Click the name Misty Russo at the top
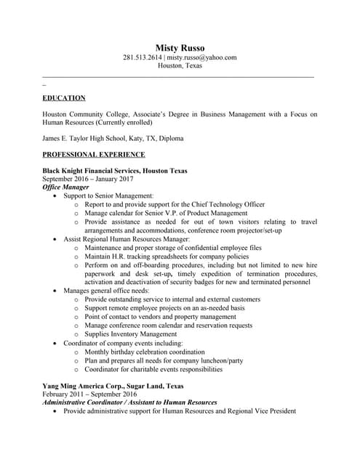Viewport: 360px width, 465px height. click(180, 48)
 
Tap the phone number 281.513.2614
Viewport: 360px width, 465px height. click(142, 57)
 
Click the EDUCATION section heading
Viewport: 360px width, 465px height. click(64, 97)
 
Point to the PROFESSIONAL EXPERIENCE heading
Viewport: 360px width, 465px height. click(94, 154)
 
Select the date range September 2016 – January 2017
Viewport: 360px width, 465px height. click(88, 179)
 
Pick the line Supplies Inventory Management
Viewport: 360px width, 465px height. click(130, 334)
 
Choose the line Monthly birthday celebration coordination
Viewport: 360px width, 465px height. click(145, 352)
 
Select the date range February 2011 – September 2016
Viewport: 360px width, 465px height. click(91, 395)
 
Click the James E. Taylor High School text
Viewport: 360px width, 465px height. click(83, 138)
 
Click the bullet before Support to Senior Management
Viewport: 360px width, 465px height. click(56, 196)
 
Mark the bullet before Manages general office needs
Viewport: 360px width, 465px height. click(56, 291)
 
